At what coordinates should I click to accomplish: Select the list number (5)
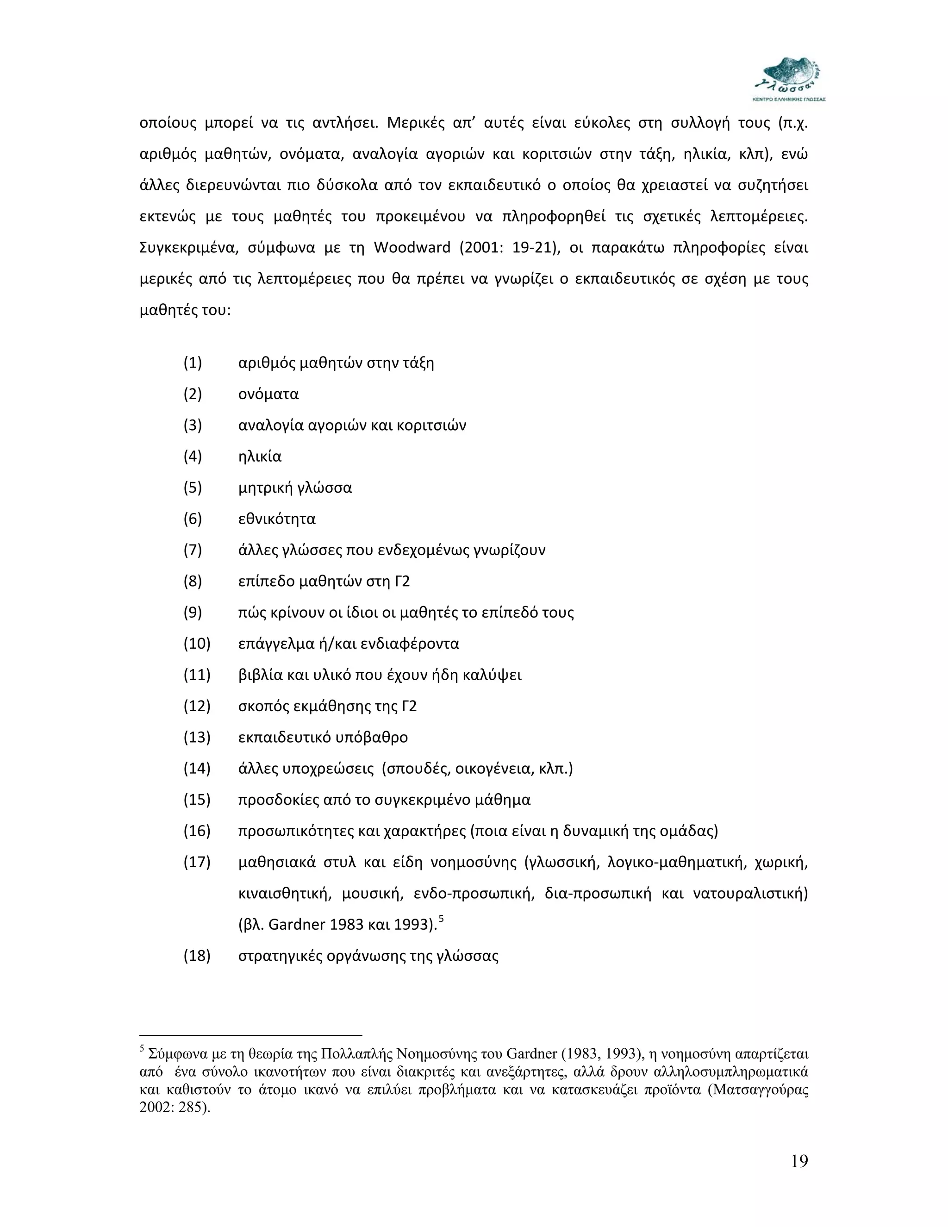point(193,488)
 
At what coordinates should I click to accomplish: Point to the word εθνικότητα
point(277,519)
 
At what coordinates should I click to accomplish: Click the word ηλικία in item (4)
point(260,456)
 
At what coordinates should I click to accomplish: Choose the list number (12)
point(197,706)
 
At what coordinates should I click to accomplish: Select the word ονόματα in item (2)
point(268,394)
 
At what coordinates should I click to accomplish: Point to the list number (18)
point(197,956)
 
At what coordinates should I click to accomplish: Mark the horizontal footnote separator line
point(250,1035)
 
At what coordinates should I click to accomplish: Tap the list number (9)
point(193,613)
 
